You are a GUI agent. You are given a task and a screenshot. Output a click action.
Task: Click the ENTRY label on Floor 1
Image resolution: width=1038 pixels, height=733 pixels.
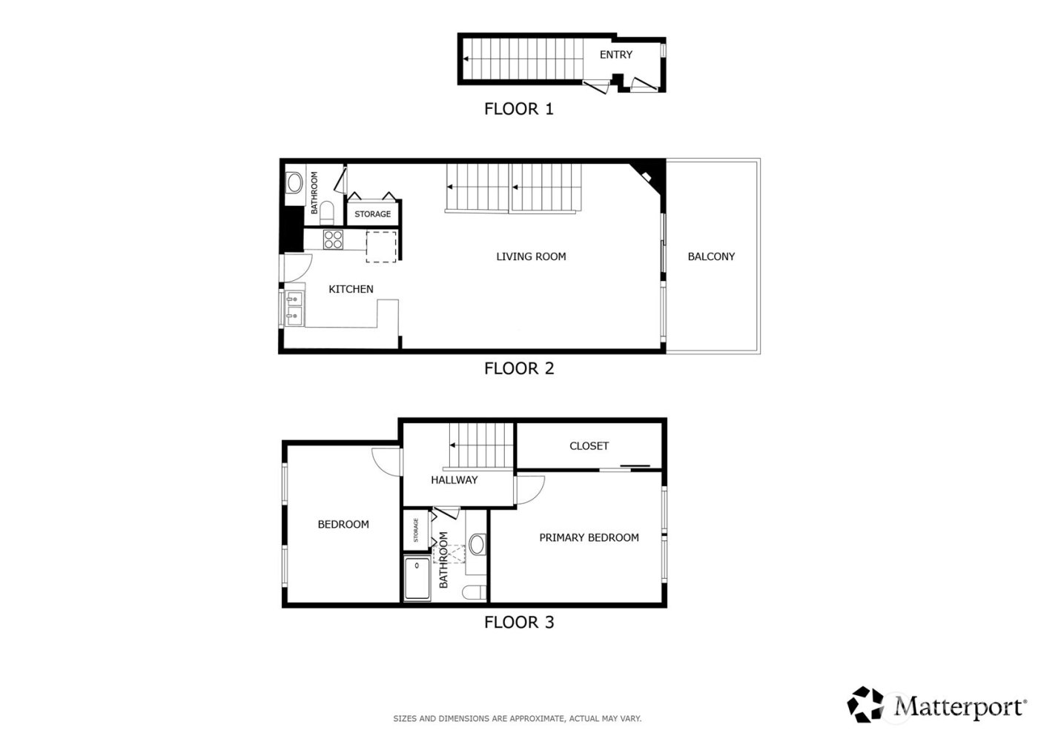(616, 55)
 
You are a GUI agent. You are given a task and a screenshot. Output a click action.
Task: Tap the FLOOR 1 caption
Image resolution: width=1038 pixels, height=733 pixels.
(518, 110)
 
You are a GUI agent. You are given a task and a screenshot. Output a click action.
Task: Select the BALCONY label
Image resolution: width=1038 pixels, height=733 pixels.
(711, 257)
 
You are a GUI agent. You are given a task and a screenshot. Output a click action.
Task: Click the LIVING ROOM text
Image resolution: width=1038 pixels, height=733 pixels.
(531, 257)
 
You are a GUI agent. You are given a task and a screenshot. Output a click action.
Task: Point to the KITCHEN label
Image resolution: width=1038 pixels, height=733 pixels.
(351, 289)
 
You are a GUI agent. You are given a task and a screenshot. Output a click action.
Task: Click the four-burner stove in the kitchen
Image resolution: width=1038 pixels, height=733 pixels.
(333, 239)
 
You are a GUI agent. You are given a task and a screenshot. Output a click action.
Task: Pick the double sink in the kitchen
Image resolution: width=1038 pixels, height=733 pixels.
(294, 308)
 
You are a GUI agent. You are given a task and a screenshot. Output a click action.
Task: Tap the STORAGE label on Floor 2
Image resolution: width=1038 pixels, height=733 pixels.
(372, 214)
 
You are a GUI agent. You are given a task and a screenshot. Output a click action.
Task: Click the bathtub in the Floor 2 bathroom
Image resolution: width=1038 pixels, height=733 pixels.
(294, 183)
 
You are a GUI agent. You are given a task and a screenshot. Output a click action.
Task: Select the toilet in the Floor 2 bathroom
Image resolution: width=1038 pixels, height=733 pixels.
(331, 214)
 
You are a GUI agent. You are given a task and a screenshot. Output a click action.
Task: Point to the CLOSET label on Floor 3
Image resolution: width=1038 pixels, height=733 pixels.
(589, 446)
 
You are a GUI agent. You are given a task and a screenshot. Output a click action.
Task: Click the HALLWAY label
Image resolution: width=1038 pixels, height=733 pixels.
(454, 480)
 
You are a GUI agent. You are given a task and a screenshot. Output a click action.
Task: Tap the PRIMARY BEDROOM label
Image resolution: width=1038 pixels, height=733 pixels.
(589, 538)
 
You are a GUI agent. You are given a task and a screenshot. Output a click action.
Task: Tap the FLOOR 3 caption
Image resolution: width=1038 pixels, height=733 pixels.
(518, 623)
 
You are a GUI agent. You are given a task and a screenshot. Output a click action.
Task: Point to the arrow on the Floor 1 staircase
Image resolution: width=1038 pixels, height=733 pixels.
(467, 59)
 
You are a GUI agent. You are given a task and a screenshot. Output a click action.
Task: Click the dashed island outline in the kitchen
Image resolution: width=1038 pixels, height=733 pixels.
(381, 246)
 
